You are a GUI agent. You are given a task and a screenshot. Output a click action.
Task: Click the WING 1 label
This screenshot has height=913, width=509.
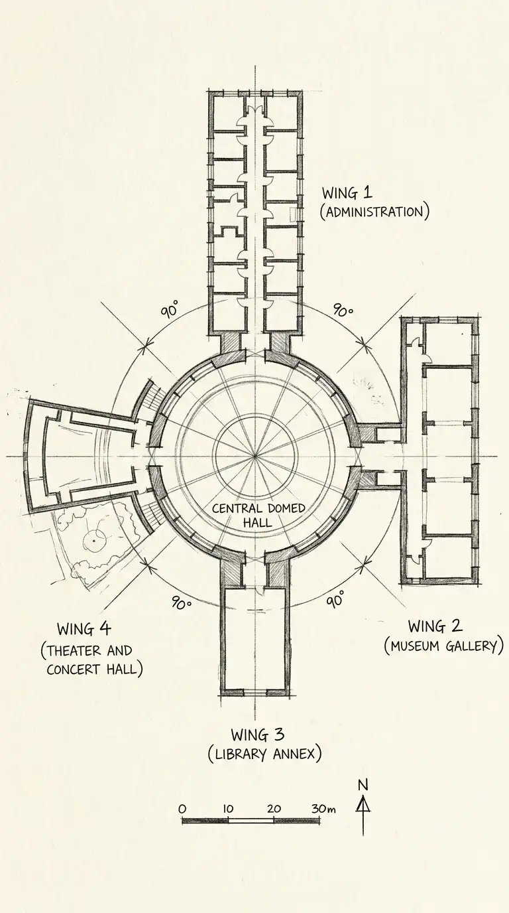coord(347,193)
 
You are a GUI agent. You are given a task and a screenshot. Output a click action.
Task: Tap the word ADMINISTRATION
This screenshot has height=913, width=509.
coord(374,212)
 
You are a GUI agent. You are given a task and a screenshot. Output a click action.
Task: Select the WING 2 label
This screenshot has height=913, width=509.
coord(435,626)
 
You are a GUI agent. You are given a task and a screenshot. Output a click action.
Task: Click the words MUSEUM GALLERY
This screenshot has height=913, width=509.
coord(443,645)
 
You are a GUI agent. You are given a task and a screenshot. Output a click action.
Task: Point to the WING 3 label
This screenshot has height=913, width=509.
coord(258,735)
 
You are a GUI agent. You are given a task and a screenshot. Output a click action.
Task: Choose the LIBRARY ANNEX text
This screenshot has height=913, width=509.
coord(264,754)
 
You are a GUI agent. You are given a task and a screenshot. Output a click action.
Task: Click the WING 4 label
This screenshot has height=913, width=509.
coord(84,628)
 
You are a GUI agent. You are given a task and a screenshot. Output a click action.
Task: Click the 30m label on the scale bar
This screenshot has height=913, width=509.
coord(323,809)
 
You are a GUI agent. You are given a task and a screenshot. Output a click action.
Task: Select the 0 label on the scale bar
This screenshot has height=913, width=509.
coord(183,809)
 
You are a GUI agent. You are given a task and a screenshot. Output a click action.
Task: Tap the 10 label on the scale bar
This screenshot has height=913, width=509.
coord(228,809)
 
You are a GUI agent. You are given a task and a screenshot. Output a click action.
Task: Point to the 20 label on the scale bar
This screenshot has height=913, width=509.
coord(274,809)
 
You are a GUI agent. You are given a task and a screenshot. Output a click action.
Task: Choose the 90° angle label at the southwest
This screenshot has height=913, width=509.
coord(181,603)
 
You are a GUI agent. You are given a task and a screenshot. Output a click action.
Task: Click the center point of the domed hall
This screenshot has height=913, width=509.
coord(255,456)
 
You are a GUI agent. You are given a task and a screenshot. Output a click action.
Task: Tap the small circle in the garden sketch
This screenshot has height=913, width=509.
coord(95,541)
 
